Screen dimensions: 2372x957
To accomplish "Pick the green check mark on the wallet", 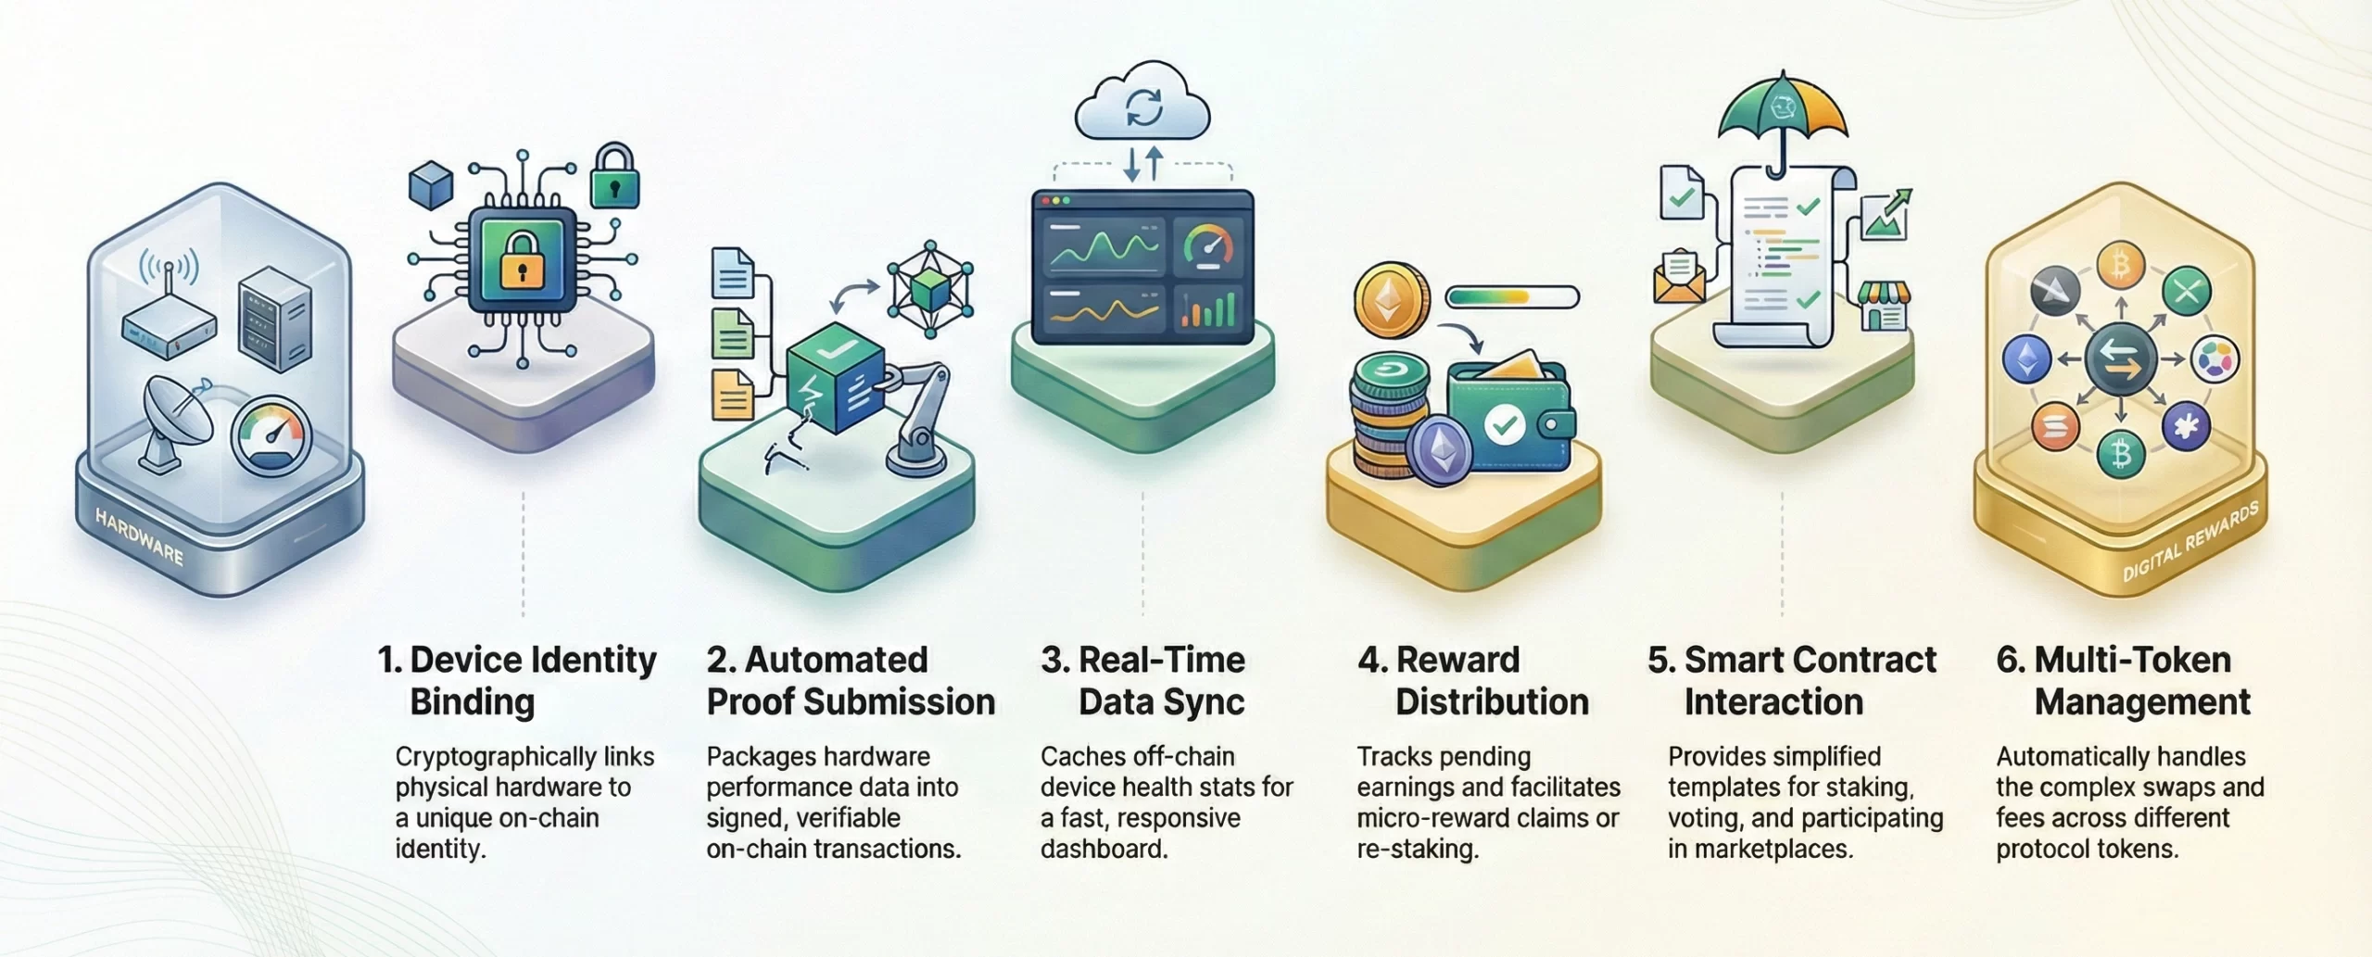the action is click(1506, 426).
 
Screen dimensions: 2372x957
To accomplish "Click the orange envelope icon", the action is click(1680, 277).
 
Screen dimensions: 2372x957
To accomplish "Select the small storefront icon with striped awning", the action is click(1884, 307).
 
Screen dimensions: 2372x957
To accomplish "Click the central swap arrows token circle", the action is click(2122, 359).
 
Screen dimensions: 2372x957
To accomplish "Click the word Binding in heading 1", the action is click(473, 702).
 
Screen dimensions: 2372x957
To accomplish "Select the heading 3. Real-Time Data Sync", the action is click(1143, 681).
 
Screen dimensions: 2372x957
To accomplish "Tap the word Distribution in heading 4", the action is click(1492, 702).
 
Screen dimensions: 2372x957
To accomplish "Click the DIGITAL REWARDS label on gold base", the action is click(2190, 541).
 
